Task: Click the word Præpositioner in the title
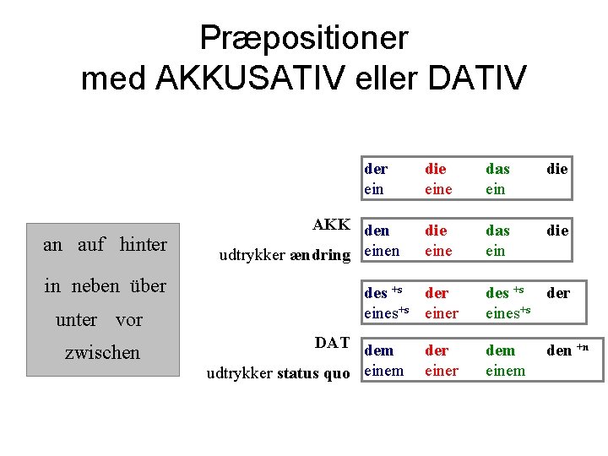pyautogui.click(x=303, y=38)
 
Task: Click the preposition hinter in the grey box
pyautogui.click(x=144, y=245)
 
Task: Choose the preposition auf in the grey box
pyautogui.click(x=91, y=245)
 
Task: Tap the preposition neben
pyautogui.click(x=95, y=285)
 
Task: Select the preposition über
pyautogui.click(x=149, y=285)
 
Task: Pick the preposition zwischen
pyautogui.click(x=102, y=352)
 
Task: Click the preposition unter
pyautogui.click(x=77, y=320)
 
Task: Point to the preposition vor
pyautogui.click(x=128, y=320)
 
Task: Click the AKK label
pyautogui.click(x=331, y=225)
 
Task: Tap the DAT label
pyautogui.click(x=332, y=342)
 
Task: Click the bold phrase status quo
pyautogui.click(x=312, y=373)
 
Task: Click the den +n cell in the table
pyautogui.click(x=567, y=350)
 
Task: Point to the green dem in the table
pyautogui.click(x=500, y=350)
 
